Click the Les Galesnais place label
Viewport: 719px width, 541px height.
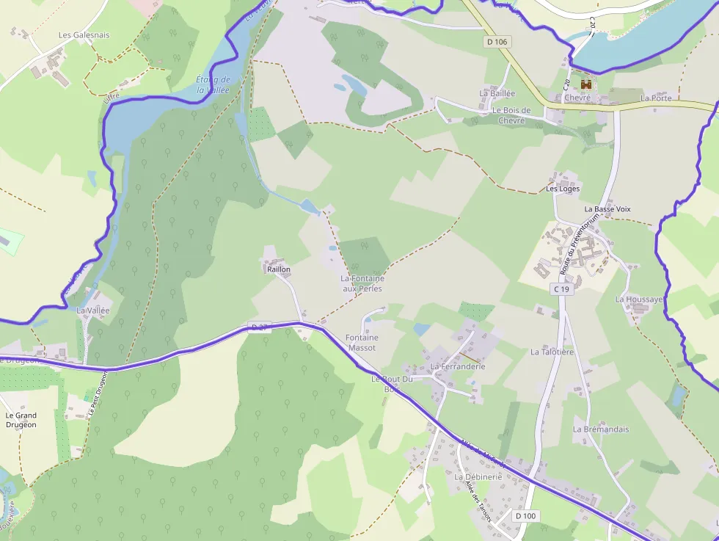(x=84, y=35)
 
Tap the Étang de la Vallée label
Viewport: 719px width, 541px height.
(x=213, y=84)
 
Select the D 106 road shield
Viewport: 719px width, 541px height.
(x=497, y=42)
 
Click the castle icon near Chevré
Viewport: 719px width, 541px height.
(x=585, y=83)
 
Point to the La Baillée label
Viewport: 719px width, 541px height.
(x=497, y=93)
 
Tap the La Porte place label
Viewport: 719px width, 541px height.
(x=655, y=98)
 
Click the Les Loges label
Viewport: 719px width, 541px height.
(x=563, y=189)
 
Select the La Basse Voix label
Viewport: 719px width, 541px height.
(x=607, y=209)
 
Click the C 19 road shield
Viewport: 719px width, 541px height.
(x=561, y=289)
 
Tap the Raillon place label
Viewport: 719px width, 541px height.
(x=279, y=269)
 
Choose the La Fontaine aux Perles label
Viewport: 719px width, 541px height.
(x=362, y=283)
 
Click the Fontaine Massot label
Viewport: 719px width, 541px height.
(x=361, y=342)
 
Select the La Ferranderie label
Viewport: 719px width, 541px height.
(x=458, y=366)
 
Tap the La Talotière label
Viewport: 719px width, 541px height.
(x=552, y=352)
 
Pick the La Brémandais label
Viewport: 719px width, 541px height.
(x=601, y=429)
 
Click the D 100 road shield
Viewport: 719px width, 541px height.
(x=525, y=516)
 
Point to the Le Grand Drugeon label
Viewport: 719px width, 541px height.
(x=21, y=419)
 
